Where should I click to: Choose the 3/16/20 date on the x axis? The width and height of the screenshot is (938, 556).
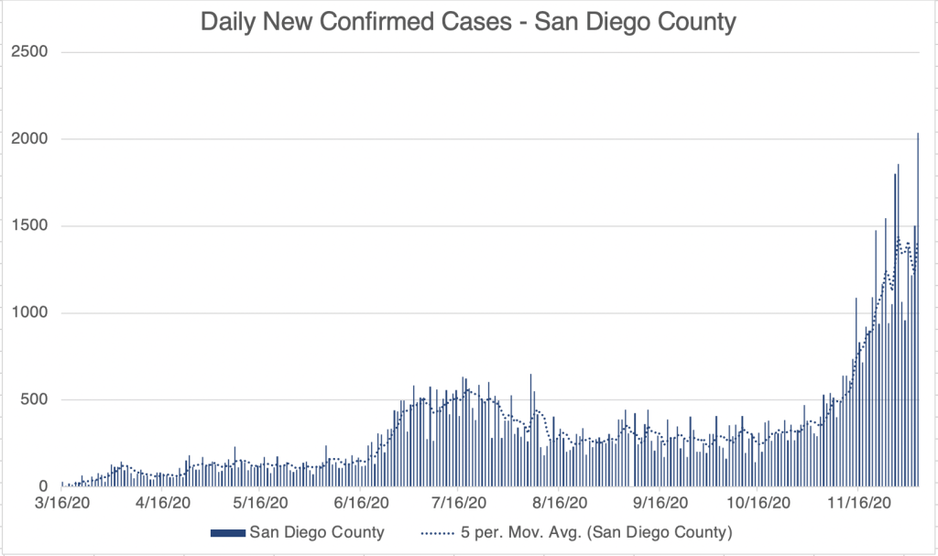click(x=63, y=503)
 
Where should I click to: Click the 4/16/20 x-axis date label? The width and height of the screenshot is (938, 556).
click(x=162, y=503)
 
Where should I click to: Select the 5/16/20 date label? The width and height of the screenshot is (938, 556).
click(x=261, y=503)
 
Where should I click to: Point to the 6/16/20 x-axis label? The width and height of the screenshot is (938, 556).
click(x=362, y=503)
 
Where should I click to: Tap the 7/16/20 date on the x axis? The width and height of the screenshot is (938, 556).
click(x=461, y=503)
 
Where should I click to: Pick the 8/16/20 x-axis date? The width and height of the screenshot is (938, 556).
click(x=562, y=503)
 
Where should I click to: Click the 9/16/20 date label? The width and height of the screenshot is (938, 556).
click(x=662, y=503)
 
